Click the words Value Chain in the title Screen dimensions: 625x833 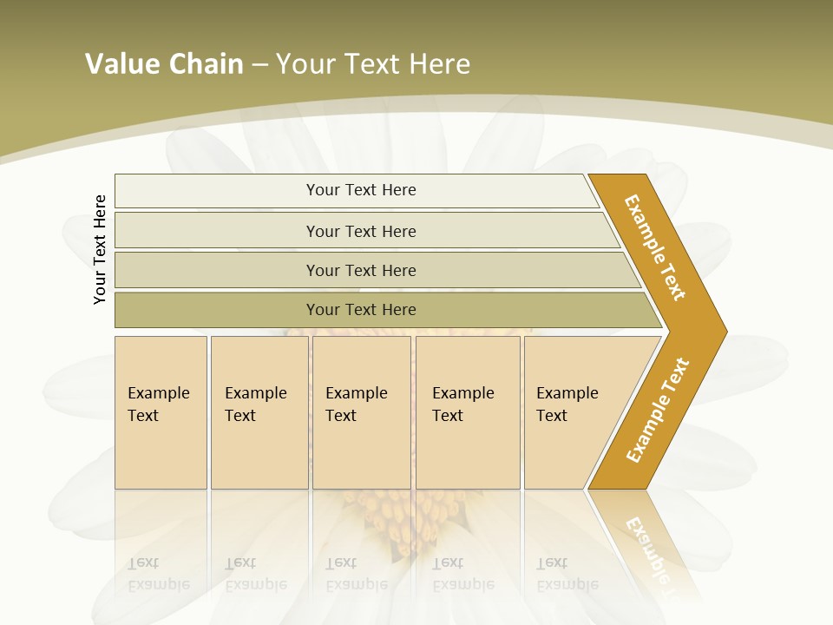point(164,64)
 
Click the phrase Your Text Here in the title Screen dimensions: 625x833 point(373,64)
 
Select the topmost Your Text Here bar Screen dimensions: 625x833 point(361,190)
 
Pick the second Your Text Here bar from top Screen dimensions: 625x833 point(361,231)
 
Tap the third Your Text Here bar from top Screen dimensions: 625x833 point(361,270)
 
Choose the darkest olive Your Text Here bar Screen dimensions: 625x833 point(361,310)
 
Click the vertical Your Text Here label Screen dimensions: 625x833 point(100,249)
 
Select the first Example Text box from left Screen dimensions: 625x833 point(161,411)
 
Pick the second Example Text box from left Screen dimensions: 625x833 point(259,411)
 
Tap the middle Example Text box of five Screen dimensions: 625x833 point(361,411)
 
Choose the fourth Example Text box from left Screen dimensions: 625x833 point(468,411)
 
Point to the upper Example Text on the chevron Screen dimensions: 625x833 point(655,247)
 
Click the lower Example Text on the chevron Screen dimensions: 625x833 point(657,411)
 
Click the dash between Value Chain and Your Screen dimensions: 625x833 point(259,65)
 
